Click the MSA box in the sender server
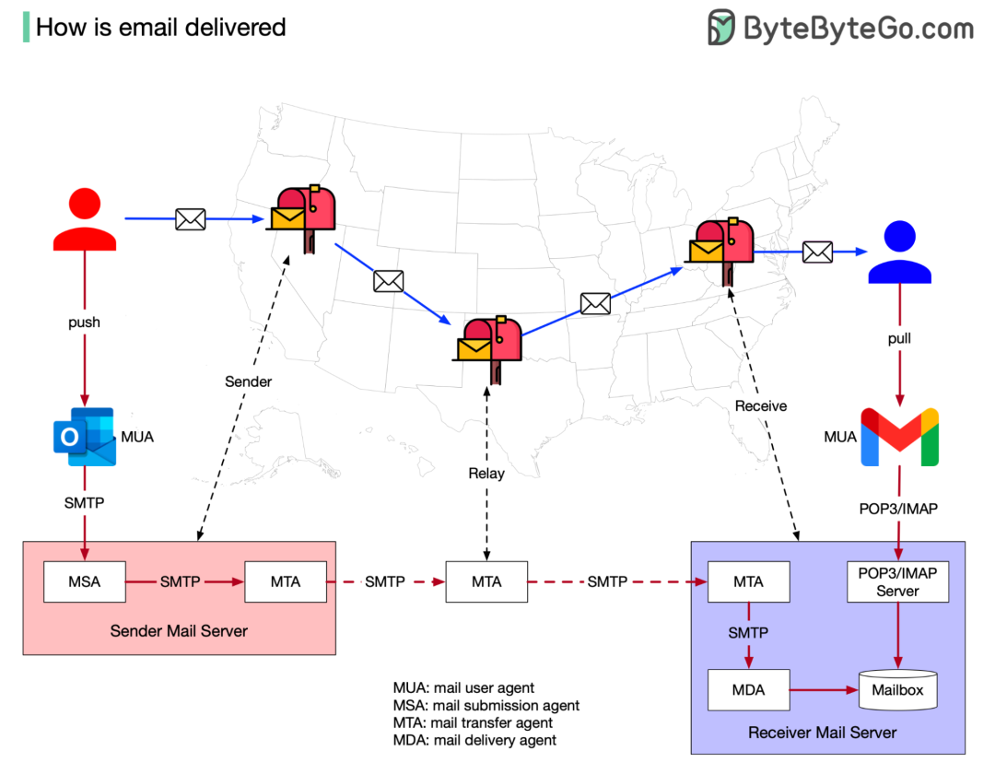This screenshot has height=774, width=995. point(85,581)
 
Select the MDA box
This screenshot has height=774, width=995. point(748,690)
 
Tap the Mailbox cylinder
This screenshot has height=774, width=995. point(898,690)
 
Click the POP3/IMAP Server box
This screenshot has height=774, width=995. point(897,581)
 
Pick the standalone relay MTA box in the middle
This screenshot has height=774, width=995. point(486,581)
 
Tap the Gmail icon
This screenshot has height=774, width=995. point(899,437)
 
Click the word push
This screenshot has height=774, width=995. point(85,322)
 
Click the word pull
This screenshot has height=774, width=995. point(899,338)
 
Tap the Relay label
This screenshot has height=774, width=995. point(486,474)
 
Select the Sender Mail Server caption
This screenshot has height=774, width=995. point(179,631)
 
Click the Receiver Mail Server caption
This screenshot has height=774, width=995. point(822,733)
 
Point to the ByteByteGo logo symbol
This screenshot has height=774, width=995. point(721,28)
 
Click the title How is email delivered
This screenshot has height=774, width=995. point(160,28)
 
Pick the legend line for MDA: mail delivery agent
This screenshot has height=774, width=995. point(474,740)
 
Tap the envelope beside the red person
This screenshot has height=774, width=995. point(190,219)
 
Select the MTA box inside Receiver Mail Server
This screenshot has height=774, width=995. point(748,581)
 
